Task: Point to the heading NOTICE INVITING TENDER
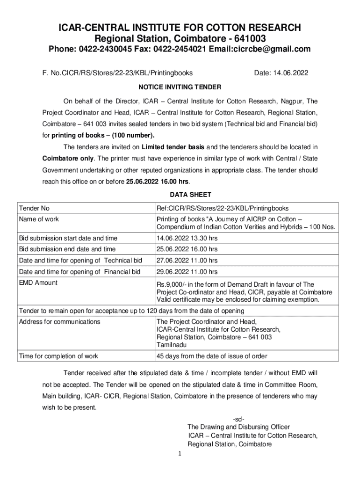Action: click(x=180, y=87)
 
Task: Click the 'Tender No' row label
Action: click(x=34, y=208)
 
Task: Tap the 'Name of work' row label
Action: click(x=39, y=219)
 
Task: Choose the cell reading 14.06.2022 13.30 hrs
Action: click(x=187, y=238)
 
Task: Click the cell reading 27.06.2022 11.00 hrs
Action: click(x=187, y=261)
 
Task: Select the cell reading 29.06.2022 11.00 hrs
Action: click(x=187, y=272)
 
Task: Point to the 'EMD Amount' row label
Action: click(x=38, y=283)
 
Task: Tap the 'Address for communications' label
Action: click(x=59, y=322)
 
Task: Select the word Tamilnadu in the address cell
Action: click(x=172, y=345)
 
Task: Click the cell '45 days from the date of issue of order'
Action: click(x=212, y=356)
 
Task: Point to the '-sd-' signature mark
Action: click(x=238, y=419)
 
